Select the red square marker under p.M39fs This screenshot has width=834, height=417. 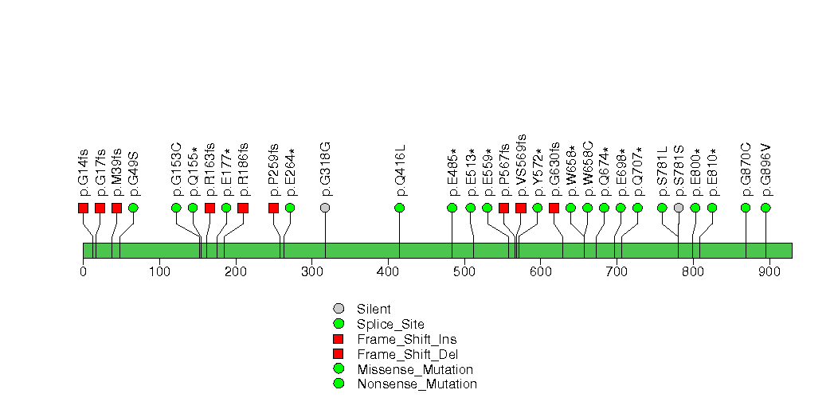tap(116, 208)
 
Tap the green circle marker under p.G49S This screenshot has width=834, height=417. tap(134, 208)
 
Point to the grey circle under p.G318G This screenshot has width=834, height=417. tap(326, 208)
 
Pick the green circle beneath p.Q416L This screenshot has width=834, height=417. tap(400, 208)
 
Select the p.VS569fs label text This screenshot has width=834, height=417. tap(521, 166)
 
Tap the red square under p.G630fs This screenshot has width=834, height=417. tap(554, 208)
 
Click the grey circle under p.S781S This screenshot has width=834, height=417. tap(679, 208)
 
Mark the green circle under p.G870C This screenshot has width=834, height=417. tap(746, 208)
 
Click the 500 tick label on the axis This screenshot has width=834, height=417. tap(464, 272)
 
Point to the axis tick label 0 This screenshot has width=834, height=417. tap(83, 272)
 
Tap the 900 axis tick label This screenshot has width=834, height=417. tap(769, 272)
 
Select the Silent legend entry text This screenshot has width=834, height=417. tap(374, 309)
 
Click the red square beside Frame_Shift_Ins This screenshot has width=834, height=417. tap(339, 339)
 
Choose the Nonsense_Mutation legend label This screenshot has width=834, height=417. tap(417, 384)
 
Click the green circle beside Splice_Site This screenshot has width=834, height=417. tap(339, 324)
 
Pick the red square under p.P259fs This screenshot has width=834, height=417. tap(273, 208)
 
